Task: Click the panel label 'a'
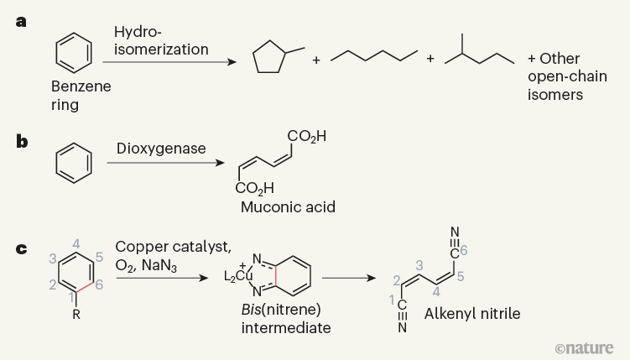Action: click(x=21, y=22)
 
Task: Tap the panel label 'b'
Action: click(x=22, y=142)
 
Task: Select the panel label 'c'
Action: click(x=21, y=249)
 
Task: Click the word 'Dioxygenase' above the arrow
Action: click(x=161, y=149)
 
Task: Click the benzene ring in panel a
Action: click(x=74, y=53)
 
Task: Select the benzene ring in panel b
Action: click(x=74, y=163)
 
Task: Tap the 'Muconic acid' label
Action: click(x=288, y=207)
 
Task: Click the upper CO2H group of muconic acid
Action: click(x=306, y=137)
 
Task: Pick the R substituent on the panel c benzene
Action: click(x=76, y=314)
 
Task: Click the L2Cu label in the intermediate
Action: click(x=238, y=275)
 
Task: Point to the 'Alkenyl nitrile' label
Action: click(x=472, y=314)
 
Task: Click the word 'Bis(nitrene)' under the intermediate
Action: click(x=281, y=310)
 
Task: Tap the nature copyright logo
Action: click(x=584, y=348)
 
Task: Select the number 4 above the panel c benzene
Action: click(x=76, y=244)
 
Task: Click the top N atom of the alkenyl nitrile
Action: click(x=455, y=232)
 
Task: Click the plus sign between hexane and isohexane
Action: click(x=430, y=59)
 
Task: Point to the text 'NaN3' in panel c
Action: click(x=159, y=266)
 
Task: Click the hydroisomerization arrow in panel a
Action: click(x=169, y=62)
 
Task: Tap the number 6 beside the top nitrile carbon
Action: click(x=464, y=251)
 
